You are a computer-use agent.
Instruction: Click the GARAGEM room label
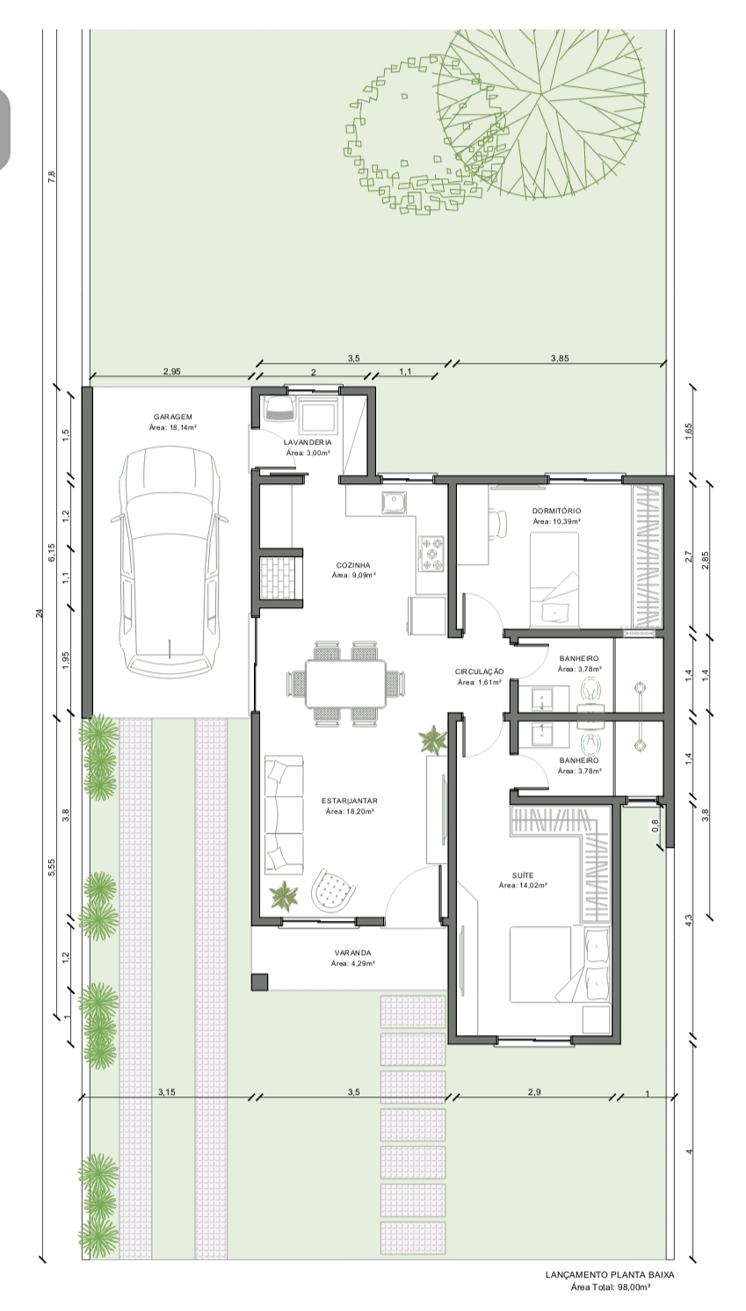point(172,416)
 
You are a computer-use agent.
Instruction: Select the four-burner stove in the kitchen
point(431,553)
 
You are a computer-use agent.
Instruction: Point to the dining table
point(345,683)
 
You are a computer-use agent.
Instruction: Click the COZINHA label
point(353,565)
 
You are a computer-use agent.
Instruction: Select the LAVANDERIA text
point(308,443)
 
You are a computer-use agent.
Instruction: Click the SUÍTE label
point(523,875)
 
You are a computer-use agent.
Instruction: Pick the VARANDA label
point(353,952)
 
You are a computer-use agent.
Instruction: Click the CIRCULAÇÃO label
point(479,672)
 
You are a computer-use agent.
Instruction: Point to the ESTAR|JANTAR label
point(350,800)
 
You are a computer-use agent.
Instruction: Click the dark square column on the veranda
point(259,982)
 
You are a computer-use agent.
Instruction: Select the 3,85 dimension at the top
point(560,359)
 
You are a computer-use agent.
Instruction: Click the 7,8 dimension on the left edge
point(51,177)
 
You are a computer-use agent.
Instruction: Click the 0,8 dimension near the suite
point(655,825)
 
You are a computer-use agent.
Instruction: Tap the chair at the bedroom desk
point(500,523)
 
